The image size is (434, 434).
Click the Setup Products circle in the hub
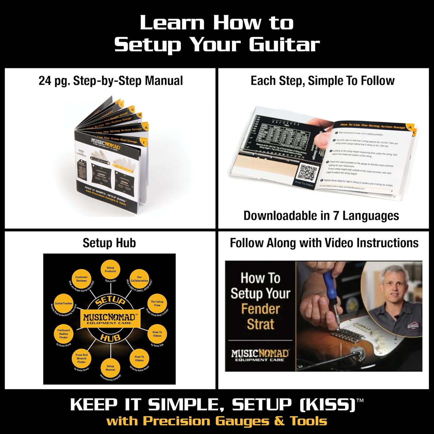coord(110,269)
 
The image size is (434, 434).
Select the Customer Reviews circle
coord(81,279)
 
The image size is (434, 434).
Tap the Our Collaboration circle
coord(139,279)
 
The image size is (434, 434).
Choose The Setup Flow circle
coord(157,303)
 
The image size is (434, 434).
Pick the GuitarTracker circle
coord(64,303)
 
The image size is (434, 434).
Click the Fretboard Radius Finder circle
coord(64,334)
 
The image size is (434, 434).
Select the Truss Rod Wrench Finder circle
coord(81,358)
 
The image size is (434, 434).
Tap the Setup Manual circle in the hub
coord(110,368)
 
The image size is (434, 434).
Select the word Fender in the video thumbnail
coord(260,309)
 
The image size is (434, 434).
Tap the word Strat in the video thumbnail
coord(260,324)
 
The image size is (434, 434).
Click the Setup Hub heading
coord(109,243)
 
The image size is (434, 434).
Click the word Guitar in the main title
coord(284,45)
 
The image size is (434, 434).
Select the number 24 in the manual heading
coord(45,81)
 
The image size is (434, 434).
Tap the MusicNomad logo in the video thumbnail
coord(260,355)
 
